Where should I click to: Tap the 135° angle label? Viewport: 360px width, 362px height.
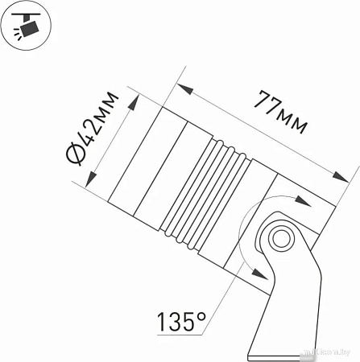click(181, 323)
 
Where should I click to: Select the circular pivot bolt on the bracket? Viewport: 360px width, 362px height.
click(280, 238)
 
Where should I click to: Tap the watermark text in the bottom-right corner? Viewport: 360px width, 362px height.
click(331, 353)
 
